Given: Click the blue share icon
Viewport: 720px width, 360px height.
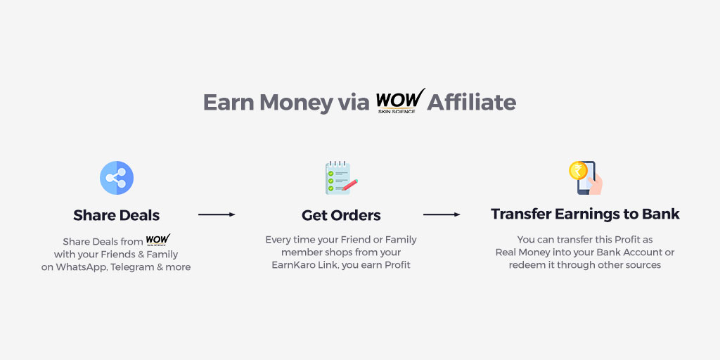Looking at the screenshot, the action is [x=117, y=178].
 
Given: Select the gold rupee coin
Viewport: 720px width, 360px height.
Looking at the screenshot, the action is [x=578, y=170].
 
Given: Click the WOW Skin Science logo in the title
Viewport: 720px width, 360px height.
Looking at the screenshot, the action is [x=400, y=101].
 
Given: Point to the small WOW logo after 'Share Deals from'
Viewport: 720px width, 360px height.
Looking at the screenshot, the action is [x=158, y=240].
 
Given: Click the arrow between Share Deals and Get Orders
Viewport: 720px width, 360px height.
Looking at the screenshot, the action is [x=217, y=214].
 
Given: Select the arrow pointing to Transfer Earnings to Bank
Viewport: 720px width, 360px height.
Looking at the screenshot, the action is [x=442, y=214].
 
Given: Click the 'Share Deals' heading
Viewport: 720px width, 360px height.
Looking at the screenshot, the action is [x=117, y=215].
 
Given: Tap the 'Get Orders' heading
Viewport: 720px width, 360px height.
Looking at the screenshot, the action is [x=341, y=215].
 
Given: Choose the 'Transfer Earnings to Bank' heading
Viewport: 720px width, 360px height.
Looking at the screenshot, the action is [x=585, y=214].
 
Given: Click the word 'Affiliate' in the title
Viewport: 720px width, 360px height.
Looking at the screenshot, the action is [x=472, y=102].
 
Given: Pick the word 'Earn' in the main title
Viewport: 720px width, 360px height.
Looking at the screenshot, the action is [x=229, y=103].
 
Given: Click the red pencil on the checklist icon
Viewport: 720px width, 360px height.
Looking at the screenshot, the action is [x=349, y=185].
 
